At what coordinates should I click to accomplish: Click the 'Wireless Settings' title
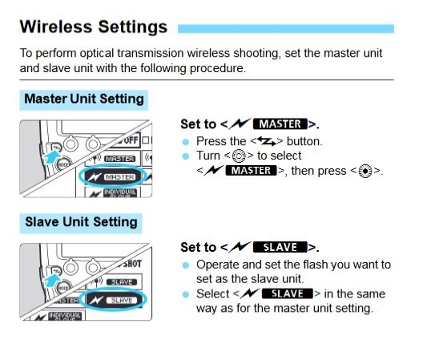(x=94, y=27)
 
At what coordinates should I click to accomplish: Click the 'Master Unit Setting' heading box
(x=84, y=100)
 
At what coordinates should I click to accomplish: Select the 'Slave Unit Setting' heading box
(x=81, y=223)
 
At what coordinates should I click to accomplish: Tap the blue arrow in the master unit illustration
(x=52, y=156)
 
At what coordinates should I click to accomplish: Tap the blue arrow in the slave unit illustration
(x=52, y=280)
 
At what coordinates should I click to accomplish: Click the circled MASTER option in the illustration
(x=112, y=177)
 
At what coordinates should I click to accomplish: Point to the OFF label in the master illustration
(x=130, y=140)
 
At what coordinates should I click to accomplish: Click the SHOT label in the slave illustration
(x=132, y=264)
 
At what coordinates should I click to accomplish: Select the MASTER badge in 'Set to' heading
(x=280, y=124)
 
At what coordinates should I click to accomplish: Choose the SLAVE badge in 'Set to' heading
(x=280, y=248)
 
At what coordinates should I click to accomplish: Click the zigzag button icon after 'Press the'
(x=267, y=141)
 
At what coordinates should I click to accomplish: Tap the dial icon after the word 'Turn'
(x=239, y=156)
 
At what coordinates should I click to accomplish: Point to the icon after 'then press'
(x=365, y=171)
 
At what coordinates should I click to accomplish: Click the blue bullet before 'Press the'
(x=186, y=142)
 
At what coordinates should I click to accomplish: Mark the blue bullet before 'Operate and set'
(x=186, y=265)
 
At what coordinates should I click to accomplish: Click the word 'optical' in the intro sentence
(x=97, y=53)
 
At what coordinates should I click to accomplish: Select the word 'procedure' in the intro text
(x=217, y=68)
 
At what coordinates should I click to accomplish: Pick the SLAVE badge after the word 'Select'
(x=288, y=293)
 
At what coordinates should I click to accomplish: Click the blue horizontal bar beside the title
(x=286, y=29)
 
